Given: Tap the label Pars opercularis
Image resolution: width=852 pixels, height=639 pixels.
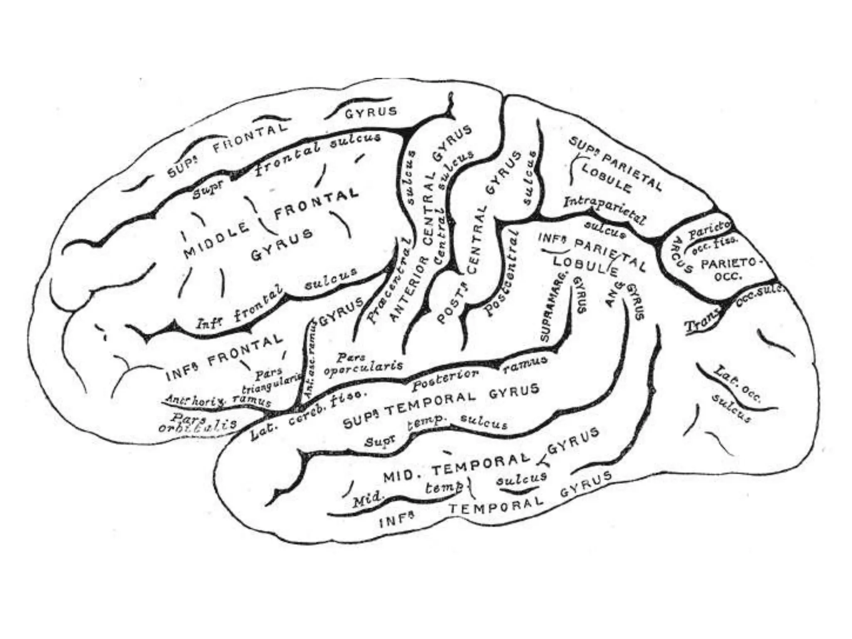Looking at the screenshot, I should click(364, 363).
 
